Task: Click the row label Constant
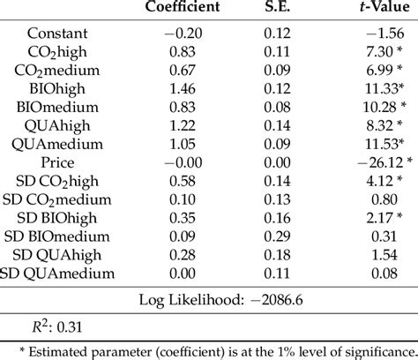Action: [57, 33]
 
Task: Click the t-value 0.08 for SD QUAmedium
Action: [379, 274]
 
